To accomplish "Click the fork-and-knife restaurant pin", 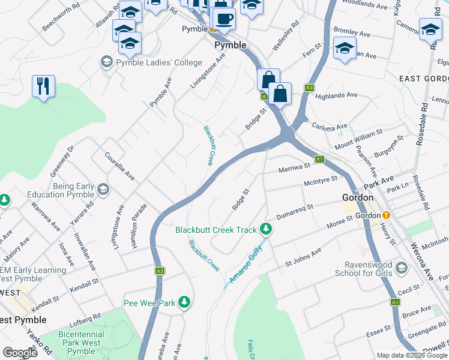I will point(43,86).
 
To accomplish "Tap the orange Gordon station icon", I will point(386,215).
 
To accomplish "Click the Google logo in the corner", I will point(20,353).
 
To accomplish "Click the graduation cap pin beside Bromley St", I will point(345,49).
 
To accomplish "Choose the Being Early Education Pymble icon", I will point(103,190).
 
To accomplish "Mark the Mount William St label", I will point(358,139).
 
